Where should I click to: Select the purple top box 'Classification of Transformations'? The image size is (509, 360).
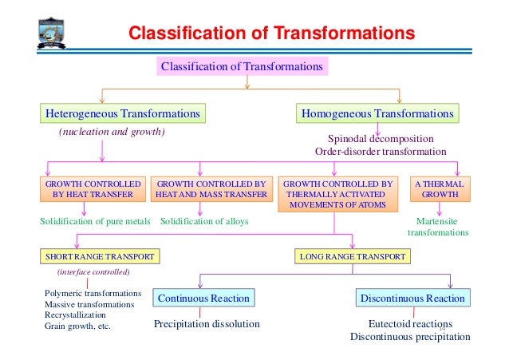[x=242, y=67]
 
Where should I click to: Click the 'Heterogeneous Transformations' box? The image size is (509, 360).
[x=122, y=114]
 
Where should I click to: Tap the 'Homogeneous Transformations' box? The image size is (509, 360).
[x=377, y=114]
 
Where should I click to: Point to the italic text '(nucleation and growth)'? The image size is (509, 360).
[x=112, y=132]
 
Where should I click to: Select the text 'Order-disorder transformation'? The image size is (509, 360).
[x=381, y=151]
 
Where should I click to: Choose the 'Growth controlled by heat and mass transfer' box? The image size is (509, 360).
[x=211, y=188]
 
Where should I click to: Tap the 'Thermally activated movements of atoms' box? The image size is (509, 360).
[x=338, y=194]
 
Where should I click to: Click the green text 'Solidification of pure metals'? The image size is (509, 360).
[x=95, y=220]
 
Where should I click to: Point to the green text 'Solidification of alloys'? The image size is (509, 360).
[x=204, y=220]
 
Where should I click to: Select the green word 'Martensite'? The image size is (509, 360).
[x=437, y=220]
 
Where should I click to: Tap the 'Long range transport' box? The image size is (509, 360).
[x=352, y=256]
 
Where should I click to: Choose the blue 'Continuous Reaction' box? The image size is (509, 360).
[x=203, y=299]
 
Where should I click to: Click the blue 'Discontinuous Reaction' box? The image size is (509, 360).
[x=412, y=299]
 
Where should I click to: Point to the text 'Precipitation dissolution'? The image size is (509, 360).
[x=207, y=324]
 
